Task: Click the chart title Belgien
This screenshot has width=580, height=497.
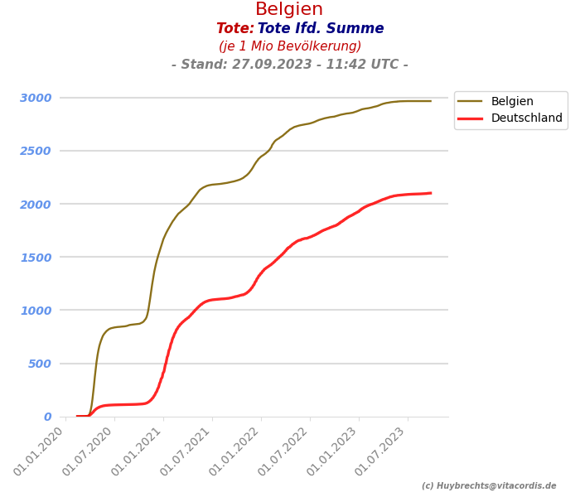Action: coord(289,10)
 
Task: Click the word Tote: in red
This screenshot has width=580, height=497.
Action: coord(235,29)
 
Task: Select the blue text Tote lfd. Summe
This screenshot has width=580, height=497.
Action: coord(321,29)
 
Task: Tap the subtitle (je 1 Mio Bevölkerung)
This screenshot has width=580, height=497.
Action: coord(290,46)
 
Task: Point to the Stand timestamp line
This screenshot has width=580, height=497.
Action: coord(290,65)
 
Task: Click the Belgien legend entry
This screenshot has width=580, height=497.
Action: coord(512,102)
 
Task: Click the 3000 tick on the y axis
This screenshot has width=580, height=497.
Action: coord(36,98)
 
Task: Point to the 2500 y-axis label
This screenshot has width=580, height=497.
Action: coord(36,151)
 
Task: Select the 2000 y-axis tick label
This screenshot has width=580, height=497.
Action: coord(36,205)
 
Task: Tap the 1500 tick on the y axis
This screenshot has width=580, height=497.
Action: coord(36,258)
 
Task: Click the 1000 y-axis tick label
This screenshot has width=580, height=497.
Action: coord(36,311)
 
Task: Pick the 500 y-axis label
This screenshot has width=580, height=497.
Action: coord(39,364)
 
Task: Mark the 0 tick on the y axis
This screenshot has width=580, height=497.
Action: coord(47,417)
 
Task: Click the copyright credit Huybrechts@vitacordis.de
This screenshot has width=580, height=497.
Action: coord(489,486)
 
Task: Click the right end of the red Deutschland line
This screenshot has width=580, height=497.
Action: coord(430,193)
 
